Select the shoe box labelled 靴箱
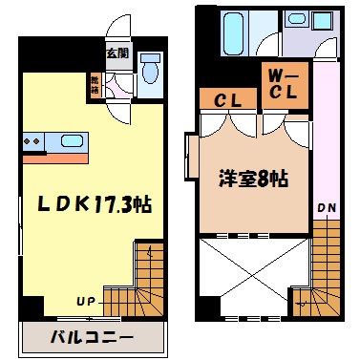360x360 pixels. pyautogui.click(x=95, y=84)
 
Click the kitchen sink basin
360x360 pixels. pyautogui.click(x=73, y=141)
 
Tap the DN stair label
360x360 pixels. pyautogui.click(x=325, y=204)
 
